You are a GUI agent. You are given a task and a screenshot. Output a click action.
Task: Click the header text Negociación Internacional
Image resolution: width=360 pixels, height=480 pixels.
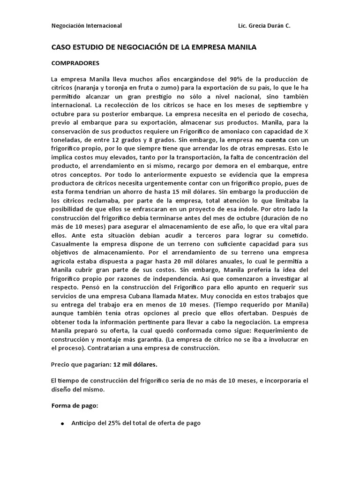tap(86, 26)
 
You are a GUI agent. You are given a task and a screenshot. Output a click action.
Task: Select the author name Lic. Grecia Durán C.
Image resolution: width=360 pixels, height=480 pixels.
tap(264, 26)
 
